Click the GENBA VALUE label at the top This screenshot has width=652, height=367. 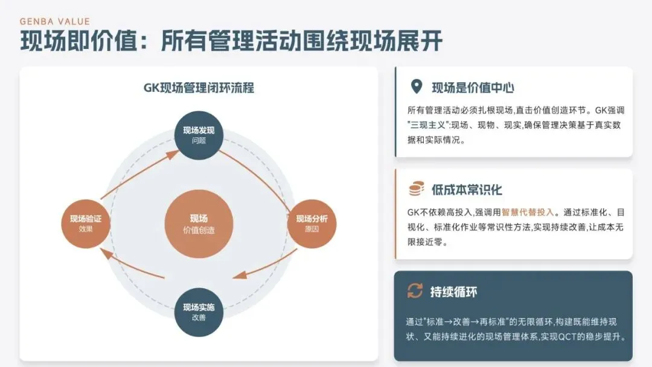coord(55,21)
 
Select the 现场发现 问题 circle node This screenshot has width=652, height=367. coord(199,135)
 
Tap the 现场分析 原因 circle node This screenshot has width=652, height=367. coord(312,223)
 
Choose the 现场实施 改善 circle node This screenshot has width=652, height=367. coord(199,312)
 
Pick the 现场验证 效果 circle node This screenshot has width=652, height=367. coord(86,223)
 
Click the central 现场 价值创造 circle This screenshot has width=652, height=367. coord(199,223)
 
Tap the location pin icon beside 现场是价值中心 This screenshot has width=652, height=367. coord(416,87)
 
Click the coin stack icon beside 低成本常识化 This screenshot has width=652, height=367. coord(416,189)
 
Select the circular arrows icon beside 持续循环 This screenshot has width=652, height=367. coord(415,291)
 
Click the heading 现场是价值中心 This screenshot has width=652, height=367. coord(473,88)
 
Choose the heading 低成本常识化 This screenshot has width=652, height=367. coord(467,190)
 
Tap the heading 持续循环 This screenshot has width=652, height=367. coord(453,292)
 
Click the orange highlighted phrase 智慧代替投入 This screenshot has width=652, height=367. coord(528,213)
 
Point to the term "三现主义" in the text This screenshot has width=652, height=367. coord(429,125)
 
